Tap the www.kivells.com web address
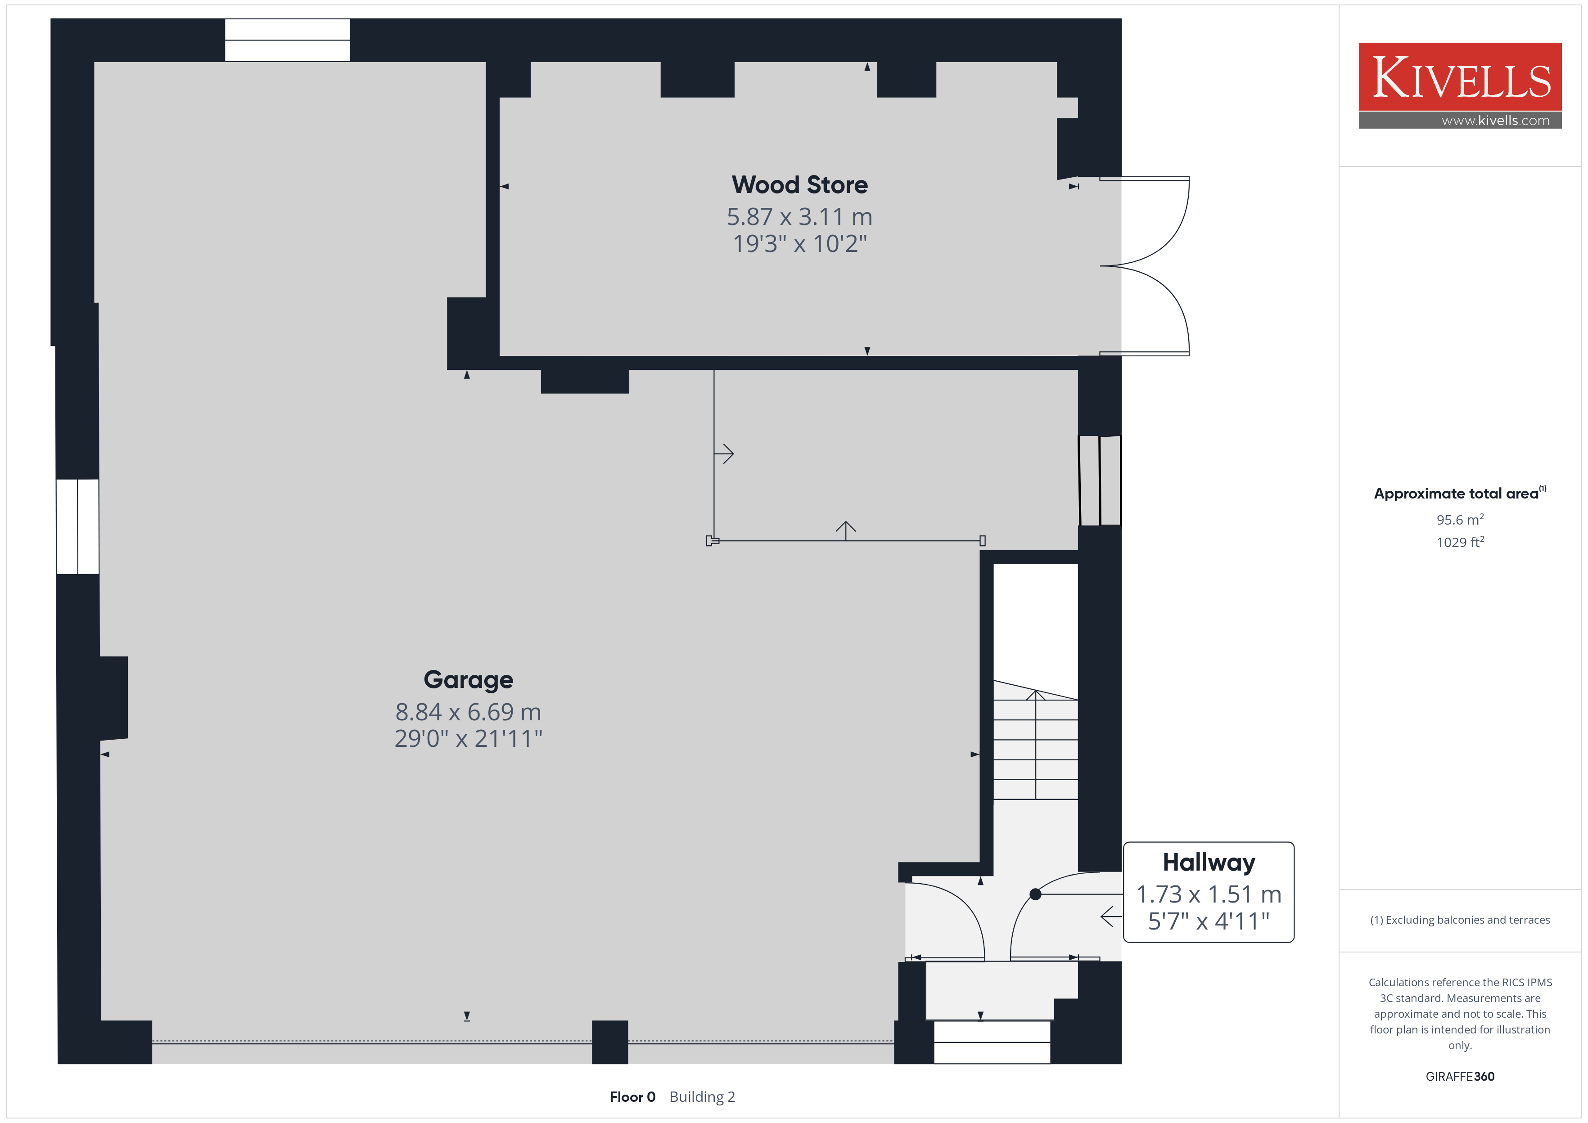click(1495, 120)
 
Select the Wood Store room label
click(799, 184)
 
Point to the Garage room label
click(468, 680)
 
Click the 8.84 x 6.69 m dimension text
click(468, 712)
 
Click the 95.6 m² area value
click(1460, 519)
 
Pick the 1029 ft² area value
click(1460, 542)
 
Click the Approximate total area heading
click(1459, 493)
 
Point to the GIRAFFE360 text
click(1460, 1077)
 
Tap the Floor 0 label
click(632, 1097)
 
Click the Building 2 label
click(702, 1097)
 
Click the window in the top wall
click(288, 40)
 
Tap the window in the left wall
click(77, 527)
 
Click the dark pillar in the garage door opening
click(610, 1042)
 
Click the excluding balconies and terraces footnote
click(1460, 920)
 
